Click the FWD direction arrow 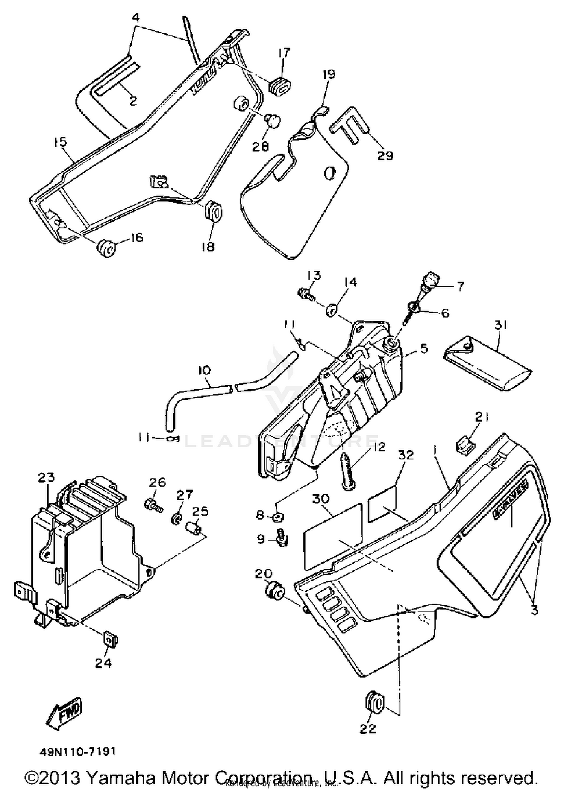(x=65, y=711)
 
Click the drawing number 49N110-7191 (x=77, y=751)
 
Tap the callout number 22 (x=367, y=729)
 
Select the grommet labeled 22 (x=374, y=702)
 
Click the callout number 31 (x=501, y=324)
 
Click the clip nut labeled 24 (x=110, y=638)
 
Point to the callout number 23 (x=46, y=477)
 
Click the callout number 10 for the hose (x=204, y=370)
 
